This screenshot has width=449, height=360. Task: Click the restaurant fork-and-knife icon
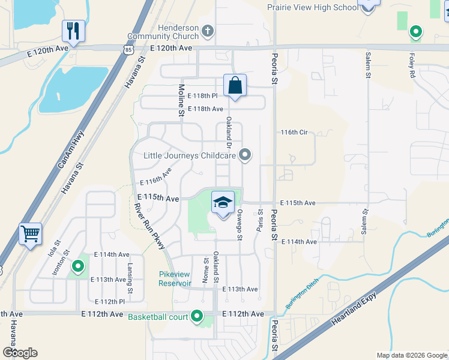(x=73, y=30)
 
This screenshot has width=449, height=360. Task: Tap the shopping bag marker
(x=235, y=86)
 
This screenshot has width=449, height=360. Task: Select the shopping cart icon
(x=30, y=234)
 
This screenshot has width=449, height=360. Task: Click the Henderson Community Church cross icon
(x=208, y=31)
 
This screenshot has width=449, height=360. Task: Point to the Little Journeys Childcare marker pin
(x=244, y=155)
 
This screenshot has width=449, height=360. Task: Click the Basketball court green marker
(x=197, y=316)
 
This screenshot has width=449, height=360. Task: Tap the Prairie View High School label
(x=312, y=7)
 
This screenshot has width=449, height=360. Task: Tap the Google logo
(x=20, y=353)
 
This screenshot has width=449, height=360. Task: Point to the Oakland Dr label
(x=229, y=133)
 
